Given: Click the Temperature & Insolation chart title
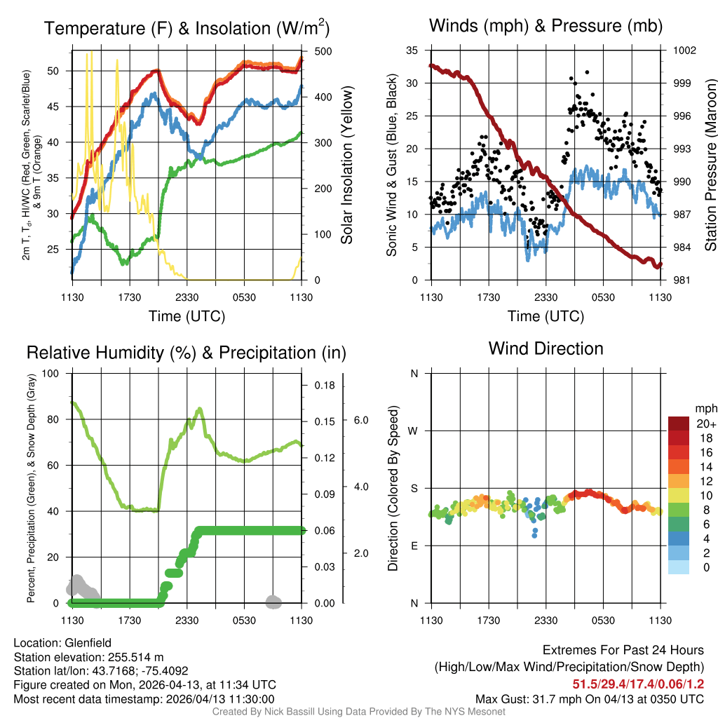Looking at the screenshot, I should point(187,28).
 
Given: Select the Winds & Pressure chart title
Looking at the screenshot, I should point(546,27).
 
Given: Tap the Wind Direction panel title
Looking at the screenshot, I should point(546,348).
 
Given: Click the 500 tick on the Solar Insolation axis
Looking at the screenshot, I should point(323,51).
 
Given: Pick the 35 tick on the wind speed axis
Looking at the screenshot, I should point(412,50).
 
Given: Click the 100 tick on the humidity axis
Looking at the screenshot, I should point(51,373).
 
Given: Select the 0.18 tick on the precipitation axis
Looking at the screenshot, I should point(325,386).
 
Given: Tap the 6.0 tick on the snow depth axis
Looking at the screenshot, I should point(361,420).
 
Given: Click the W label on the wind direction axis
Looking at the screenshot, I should point(414,431).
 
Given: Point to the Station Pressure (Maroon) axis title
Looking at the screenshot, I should point(710,165).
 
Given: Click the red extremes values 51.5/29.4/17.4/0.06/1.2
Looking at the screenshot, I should point(639,684).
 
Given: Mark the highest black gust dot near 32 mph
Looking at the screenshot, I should point(587,72).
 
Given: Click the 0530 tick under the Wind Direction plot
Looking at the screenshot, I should point(603,620).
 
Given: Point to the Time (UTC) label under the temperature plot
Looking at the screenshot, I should point(187,316).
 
